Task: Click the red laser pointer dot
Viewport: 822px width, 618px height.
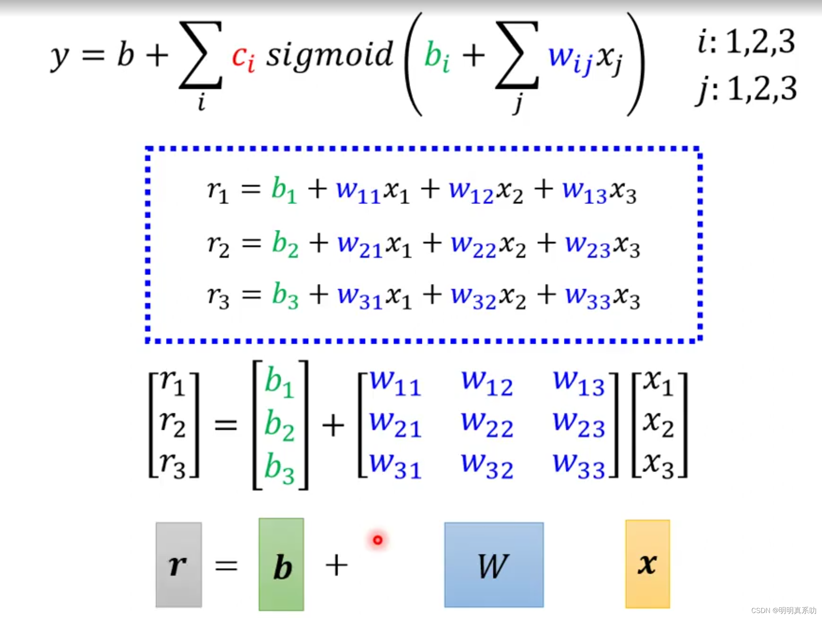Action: click(x=378, y=540)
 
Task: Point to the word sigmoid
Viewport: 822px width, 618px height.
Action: click(x=329, y=55)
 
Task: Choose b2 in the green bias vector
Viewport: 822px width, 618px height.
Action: click(x=279, y=425)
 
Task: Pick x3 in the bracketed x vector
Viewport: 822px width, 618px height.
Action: click(x=658, y=465)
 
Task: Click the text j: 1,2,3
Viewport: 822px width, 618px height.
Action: click(x=746, y=89)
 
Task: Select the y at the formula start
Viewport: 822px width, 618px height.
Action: click(x=60, y=57)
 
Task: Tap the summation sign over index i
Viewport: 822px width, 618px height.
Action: click(x=201, y=55)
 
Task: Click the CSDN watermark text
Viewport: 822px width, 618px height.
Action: click(x=784, y=610)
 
